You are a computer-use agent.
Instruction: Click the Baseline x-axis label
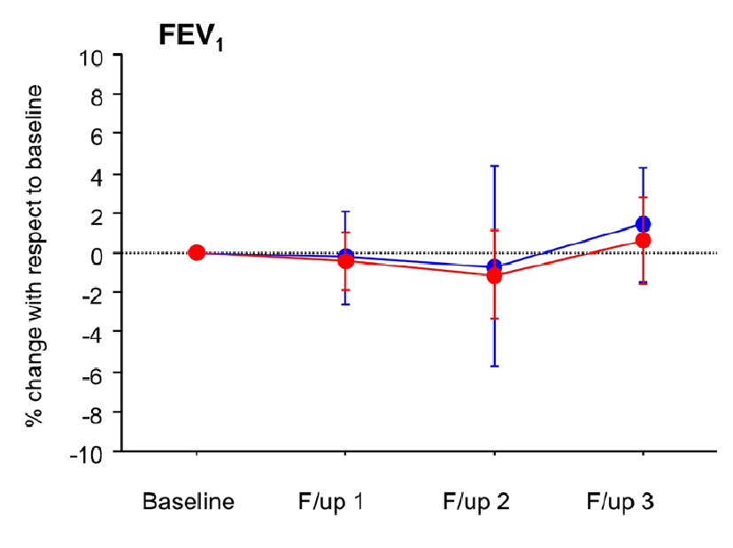(x=189, y=502)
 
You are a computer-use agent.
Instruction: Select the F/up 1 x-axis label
(x=331, y=502)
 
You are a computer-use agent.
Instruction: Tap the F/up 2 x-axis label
(x=476, y=502)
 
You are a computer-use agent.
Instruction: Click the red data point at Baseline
(x=197, y=252)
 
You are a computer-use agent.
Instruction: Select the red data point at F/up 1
(x=345, y=261)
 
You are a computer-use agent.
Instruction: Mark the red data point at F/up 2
(x=494, y=276)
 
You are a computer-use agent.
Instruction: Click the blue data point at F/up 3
(x=643, y=224)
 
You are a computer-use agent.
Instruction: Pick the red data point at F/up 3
(x=643, y=240)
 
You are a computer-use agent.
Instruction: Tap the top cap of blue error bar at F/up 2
(x=494, y=166)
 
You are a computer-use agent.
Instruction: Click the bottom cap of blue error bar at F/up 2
(x=494, y=366)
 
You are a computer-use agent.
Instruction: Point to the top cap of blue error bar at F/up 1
(x=345, y=212)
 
